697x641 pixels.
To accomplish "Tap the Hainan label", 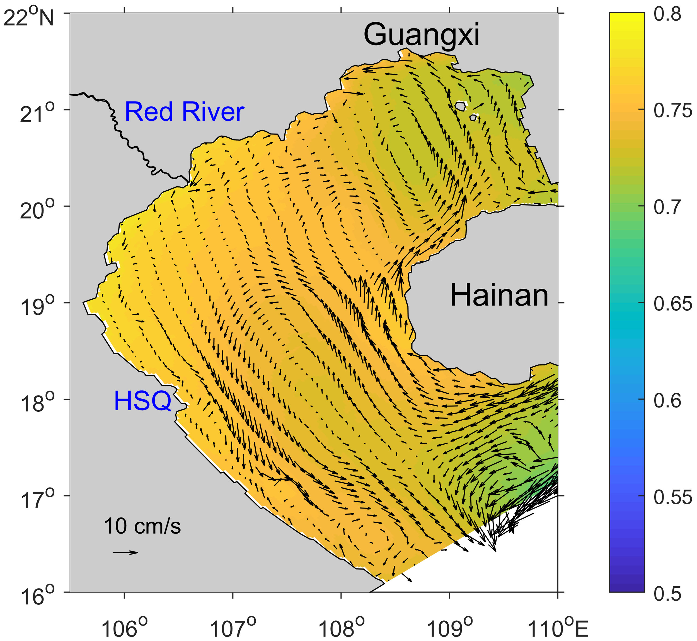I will pos(499,295).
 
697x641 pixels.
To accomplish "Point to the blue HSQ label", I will pos(142,401).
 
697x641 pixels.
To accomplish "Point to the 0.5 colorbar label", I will pos(667,594).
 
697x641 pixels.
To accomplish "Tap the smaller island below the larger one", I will pos(473,118).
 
